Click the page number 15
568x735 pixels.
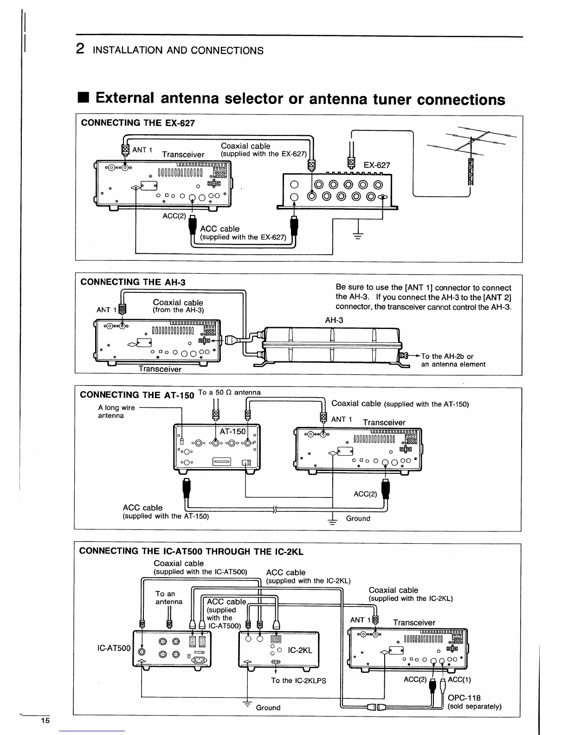point(45,721)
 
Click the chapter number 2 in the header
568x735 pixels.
point(80,49)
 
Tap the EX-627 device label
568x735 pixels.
point(377,165)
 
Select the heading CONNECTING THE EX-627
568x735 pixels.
point(138,123)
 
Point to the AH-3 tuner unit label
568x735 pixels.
point(334,320)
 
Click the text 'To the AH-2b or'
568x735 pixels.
point(447,356)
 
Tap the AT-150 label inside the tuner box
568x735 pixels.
point(232,432)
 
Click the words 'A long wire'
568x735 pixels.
point(116,408)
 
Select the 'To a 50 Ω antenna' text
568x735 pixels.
point(229,393)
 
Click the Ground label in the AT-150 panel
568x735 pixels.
point(358,518)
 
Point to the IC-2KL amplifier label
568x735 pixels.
point(300,651)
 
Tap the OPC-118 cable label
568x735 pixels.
point(464,698)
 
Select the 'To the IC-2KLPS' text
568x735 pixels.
point(298,681)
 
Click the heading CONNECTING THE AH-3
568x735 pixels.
point(133,282)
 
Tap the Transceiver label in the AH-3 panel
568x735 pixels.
point(160,369)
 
